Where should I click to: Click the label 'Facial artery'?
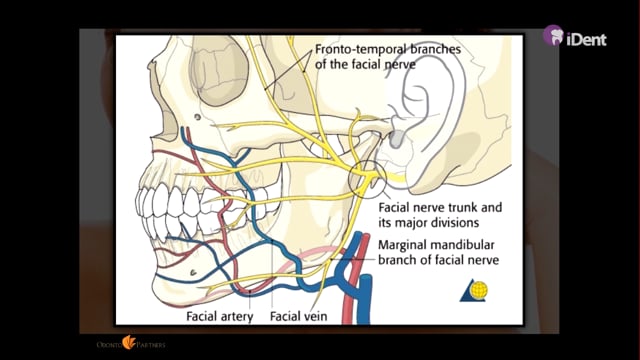(x=220, y=316)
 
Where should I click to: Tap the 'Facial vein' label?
(x=298, y=316)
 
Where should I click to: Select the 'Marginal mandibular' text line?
(x=436, y=245)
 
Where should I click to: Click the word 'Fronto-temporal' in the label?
(x=353, y=50)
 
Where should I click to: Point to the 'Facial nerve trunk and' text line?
(x=440, y=207)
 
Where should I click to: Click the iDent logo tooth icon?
(x=553, y=35)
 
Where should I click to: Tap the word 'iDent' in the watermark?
(x=586, y=40)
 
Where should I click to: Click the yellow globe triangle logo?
(x=474, y=291)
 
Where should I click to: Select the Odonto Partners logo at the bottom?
(x=131, y=344)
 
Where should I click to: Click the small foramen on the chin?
(x=193, y=272)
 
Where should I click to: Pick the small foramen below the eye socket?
(x=198, y=117)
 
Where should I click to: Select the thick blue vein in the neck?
(x=364, y=298)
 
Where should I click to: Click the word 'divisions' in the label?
(x=454, y=223)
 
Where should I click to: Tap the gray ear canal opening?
(x=396, y=139)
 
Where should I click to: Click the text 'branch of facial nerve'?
(x=438, y=260)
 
